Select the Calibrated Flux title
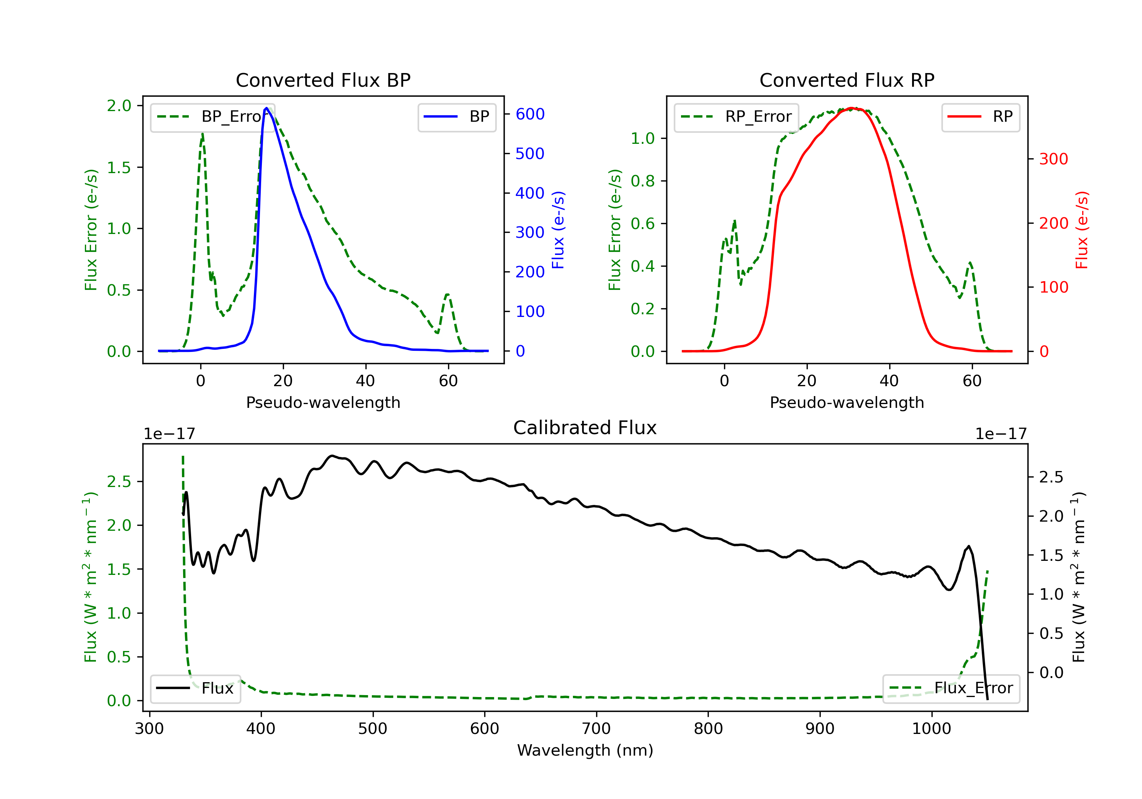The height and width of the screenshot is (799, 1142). click(x=585, y=428)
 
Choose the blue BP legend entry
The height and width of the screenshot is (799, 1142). click(x=456, y=117)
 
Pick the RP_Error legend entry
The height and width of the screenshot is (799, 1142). click(x=736, y=117)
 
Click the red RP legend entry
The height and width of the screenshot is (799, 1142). click(x=980, y=117)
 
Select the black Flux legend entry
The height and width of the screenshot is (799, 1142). click(x=195, y=688)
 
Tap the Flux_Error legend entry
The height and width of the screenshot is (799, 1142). click(x=951, y=688)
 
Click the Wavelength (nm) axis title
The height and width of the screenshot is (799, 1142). click(x=585, y=750)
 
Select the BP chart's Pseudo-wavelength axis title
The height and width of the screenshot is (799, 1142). click(x=323, y=402)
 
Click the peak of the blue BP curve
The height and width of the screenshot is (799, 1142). click(x=266, y=108)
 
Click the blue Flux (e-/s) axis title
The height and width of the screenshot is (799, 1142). click(x=558, y=230)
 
